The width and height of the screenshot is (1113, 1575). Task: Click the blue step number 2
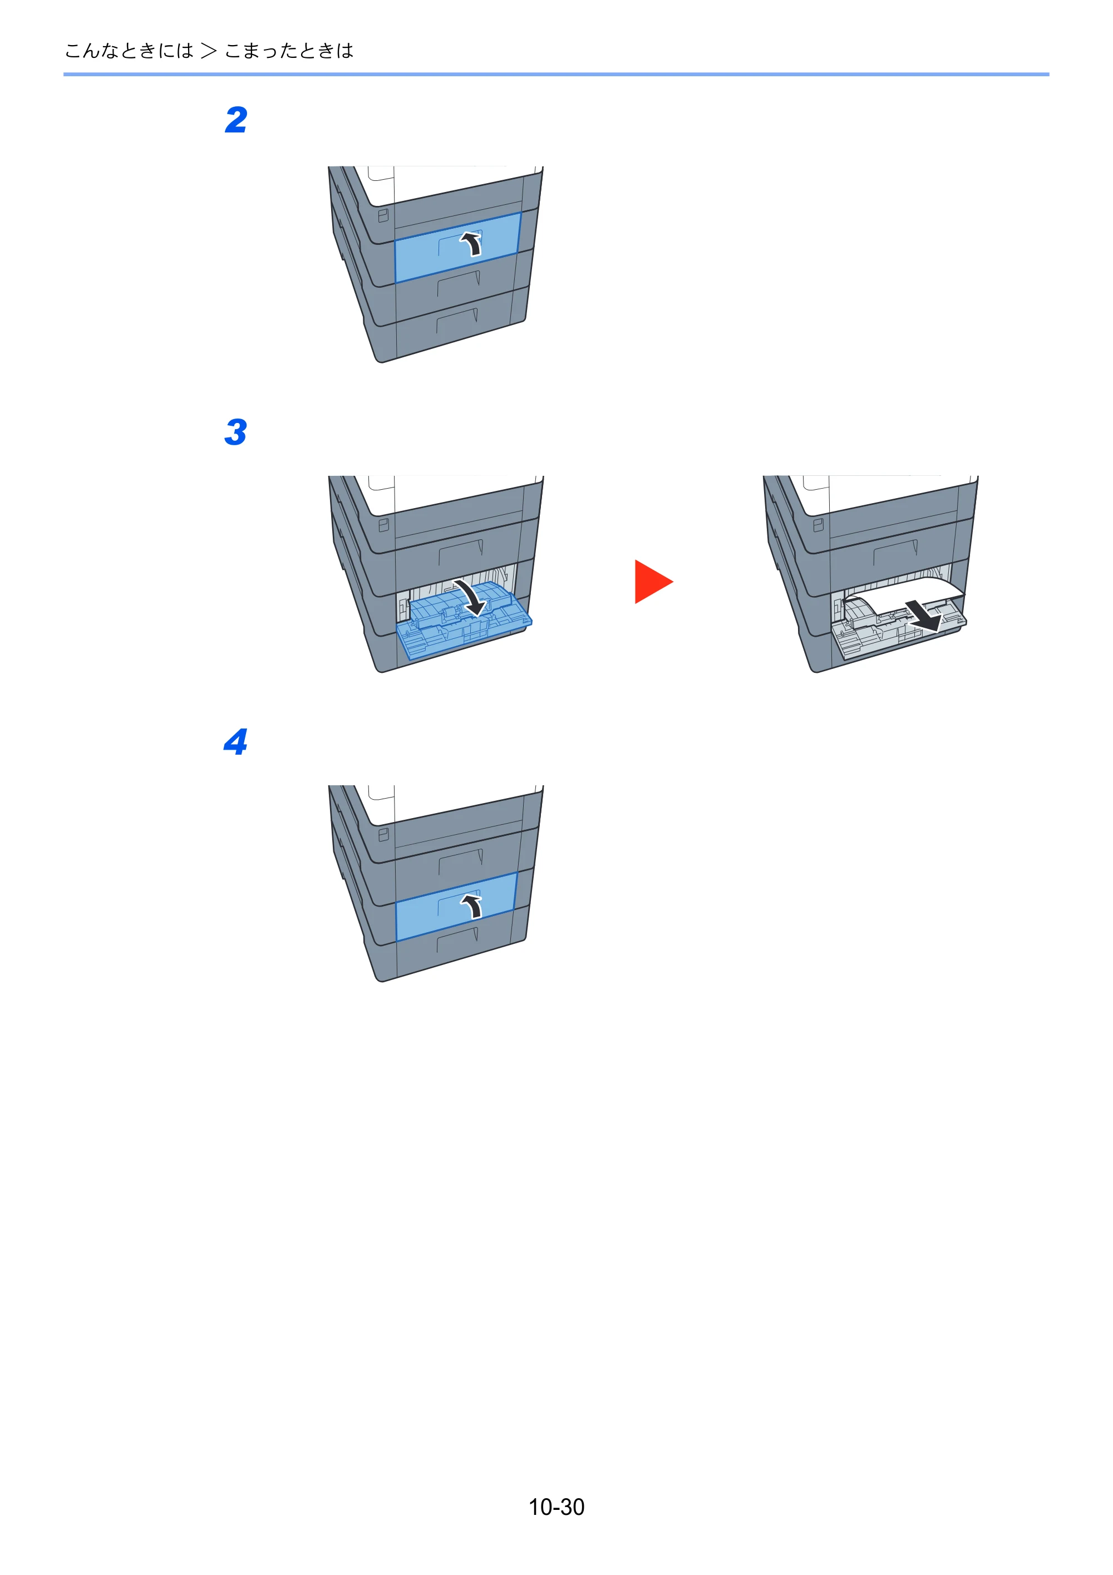236,120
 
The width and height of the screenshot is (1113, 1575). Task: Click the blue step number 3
235,432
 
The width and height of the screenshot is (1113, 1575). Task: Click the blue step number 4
235,742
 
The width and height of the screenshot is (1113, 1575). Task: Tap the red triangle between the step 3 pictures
653,582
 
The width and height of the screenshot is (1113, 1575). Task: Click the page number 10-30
556,1507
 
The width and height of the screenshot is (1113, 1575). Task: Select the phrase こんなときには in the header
129,51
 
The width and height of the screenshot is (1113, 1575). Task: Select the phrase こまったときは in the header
289,51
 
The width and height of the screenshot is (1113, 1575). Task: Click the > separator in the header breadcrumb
209,51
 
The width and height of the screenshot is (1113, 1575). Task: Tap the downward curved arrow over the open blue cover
472,597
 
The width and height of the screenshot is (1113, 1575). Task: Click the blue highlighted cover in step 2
457,247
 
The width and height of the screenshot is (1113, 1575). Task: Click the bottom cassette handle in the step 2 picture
457,321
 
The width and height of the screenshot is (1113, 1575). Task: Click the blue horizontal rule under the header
556,74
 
